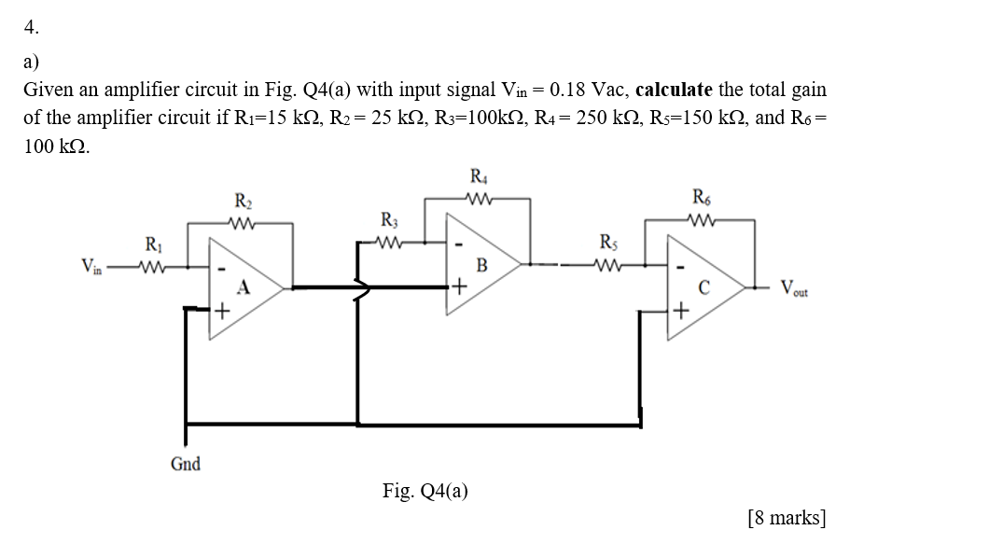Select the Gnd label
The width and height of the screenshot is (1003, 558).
point(185,464)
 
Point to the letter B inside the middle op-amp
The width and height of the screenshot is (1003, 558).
point(481,264)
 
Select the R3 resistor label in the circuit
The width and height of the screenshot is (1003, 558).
point(389,221)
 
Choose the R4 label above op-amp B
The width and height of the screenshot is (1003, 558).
point(478,176)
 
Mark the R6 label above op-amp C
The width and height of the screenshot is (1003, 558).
point(701,196)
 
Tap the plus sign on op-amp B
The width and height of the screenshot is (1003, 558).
point(460,286)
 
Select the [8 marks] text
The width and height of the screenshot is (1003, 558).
point(787,517)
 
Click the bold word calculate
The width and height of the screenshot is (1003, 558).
point(674,91)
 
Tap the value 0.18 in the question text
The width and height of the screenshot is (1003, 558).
point(571,91)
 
